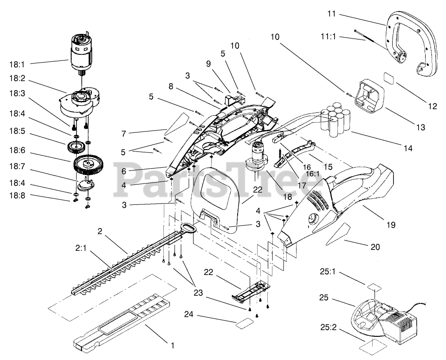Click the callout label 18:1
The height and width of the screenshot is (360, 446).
[x=17, y=65]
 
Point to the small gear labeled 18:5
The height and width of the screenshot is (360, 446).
[x=76, y=147]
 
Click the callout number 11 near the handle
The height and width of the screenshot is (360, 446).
[x=331, y=13]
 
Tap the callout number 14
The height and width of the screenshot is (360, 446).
[x=408, y=148]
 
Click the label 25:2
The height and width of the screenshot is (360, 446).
[x=328, y=327]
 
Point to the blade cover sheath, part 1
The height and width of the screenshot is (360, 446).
[x=123, y=321]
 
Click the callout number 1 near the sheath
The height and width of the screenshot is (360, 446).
[x=172, y=346]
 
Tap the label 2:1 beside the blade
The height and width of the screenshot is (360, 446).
[x=80, y=248]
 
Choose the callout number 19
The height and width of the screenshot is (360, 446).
[x=391, y=225]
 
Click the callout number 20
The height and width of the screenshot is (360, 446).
[x=375, y=247]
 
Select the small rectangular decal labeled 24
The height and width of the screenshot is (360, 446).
[x=245, y=324]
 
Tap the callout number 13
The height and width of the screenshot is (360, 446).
[x=420, y=127]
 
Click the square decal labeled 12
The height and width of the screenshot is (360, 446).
[x=389, y=78]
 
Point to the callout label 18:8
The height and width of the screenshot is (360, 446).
[x=17, y=196]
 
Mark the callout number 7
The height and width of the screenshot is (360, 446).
[x=123, y=133]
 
